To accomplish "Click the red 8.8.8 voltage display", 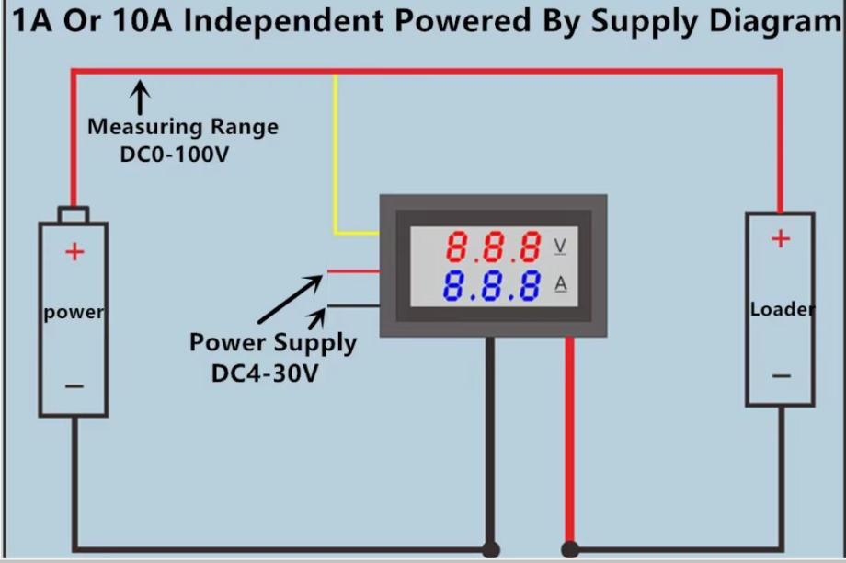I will click(x=493, y=247).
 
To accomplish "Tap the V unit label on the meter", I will click(x=560, y=247).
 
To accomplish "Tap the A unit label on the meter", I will click(x=560, y=284).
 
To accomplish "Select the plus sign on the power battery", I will click(x=74, y=251).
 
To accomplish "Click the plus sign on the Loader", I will click(x=780, y=239).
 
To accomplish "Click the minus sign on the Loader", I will click(x=780, y=375).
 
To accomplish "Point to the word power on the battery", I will click(x=74, y=312).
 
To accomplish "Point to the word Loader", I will click(x=782, y=309).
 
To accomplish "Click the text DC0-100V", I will click(x=174, y=154).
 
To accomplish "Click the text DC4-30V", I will click(x=272, y=374).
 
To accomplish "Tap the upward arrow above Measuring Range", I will click(x=140, y=96).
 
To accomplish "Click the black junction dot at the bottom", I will click(x=491, y=550).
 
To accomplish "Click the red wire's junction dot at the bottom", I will click(x=570, y=550).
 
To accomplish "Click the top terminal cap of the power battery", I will click(x=74, y=214).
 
